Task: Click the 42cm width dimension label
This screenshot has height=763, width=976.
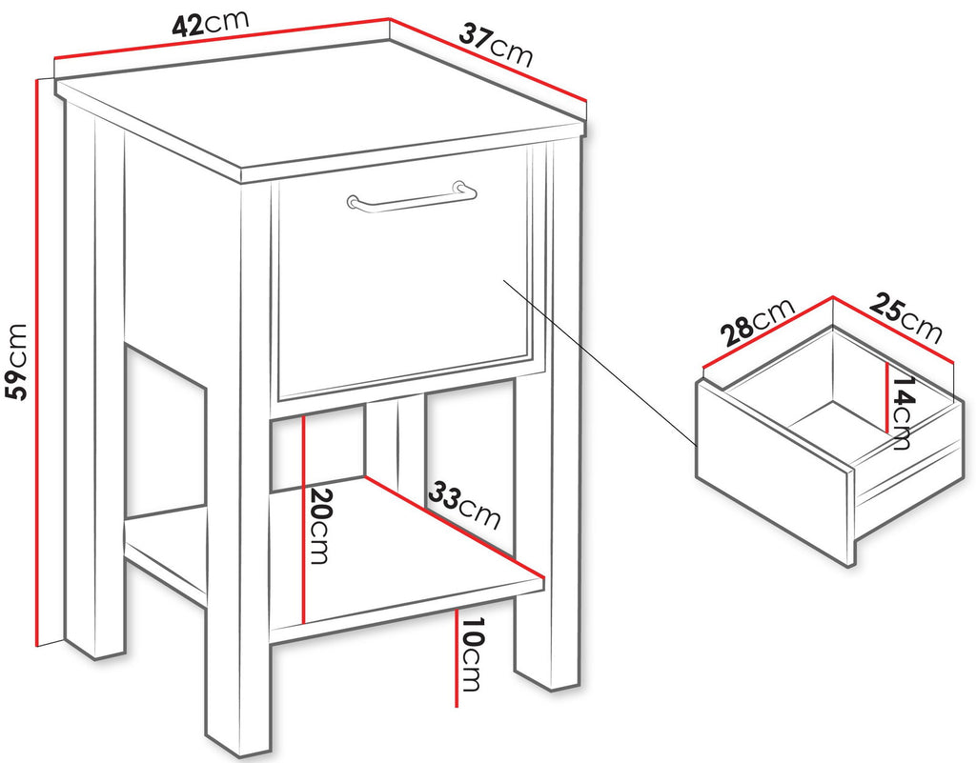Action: [211, 24]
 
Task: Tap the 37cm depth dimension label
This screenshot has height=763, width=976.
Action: [496, 44]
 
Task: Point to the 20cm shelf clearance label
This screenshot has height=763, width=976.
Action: [318, 526]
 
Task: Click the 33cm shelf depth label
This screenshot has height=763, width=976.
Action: [464, 504]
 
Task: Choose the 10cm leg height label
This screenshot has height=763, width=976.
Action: [471, 654]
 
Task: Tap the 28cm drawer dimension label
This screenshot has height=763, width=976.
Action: [758, 322]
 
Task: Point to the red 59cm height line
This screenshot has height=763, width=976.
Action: [38, 363]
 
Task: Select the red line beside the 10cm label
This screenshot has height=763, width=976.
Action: [457, 658]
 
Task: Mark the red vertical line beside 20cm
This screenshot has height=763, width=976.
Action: [303, 520]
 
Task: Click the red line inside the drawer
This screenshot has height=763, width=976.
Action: [887, 396]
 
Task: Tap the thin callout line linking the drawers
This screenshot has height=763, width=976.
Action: [600, 363]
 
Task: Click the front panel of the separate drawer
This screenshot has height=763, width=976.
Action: [773, 473]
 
